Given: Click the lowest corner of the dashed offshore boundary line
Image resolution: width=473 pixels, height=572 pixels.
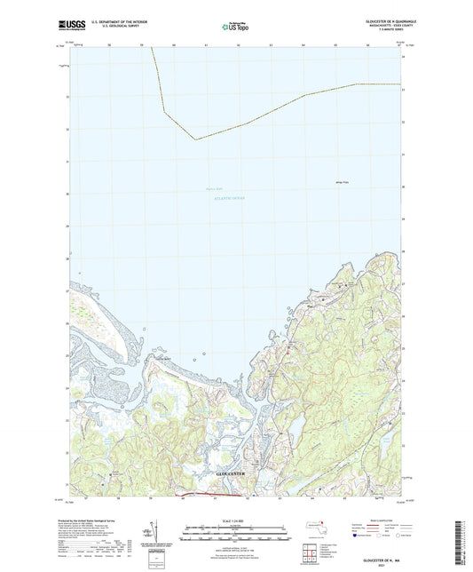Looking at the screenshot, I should pyautogui.click(x=194, y=139).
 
